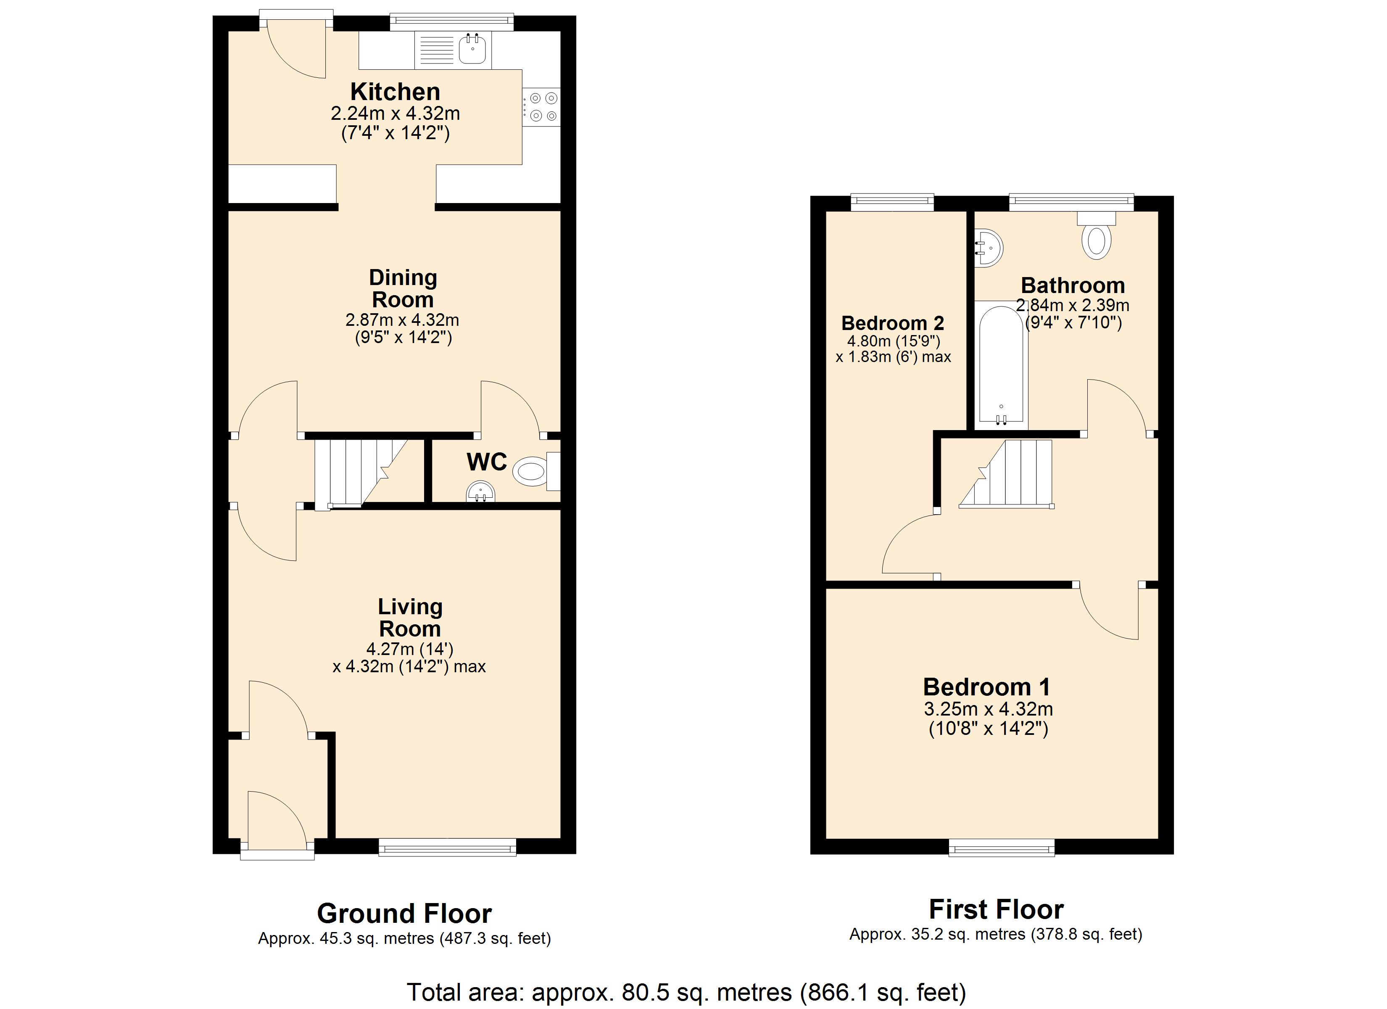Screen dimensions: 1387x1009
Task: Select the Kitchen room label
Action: (395, 92)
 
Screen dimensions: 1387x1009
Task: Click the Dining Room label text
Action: (403, 289)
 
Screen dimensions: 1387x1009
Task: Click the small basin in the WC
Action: (481, 491)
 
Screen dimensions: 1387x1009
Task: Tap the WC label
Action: (487, 462)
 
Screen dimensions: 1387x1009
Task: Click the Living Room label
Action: (410, 618)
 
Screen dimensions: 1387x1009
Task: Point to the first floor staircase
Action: (1006, 474)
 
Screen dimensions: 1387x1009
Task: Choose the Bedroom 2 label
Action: (893, 322)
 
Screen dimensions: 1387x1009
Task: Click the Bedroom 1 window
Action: (1002, 848)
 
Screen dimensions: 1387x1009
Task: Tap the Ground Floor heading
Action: (404, 914)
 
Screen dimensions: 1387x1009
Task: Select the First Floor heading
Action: (996, 909)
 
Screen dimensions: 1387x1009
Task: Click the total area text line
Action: (687, 992)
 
